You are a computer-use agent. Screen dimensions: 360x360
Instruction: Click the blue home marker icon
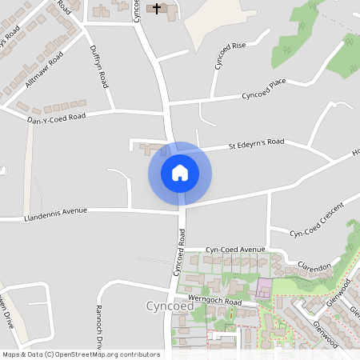click(180, 173)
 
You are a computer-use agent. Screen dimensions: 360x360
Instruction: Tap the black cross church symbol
click(157, 8)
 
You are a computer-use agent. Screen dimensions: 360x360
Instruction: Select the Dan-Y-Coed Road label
click(56, 117)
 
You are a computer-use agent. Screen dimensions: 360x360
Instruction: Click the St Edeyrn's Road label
click(256, 144)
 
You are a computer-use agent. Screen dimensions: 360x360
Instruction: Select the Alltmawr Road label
click(44, 73)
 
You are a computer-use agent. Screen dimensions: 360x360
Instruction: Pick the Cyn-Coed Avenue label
click(234, 250)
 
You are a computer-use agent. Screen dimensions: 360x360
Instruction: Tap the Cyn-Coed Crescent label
click(317, 219)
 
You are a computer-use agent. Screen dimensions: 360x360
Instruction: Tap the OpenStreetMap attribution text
click(81, 354)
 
